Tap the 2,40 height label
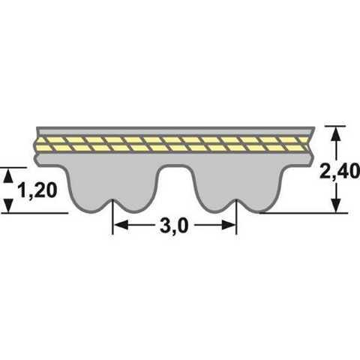pyautogui.click(x=338, y=172)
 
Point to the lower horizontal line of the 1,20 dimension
pyautogui.click(x=34, y=213)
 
